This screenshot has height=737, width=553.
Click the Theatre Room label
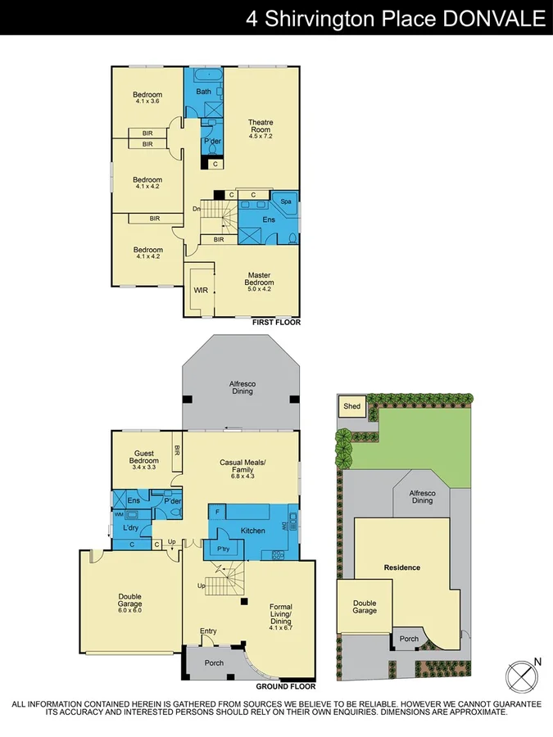[x=261, y=129]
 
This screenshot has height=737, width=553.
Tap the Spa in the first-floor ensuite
[x=287, y=201]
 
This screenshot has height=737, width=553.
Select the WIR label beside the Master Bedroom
[x=201, y=290]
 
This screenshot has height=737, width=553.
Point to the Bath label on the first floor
[x=204, y=92]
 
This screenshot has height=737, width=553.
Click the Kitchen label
[x=253, y=531]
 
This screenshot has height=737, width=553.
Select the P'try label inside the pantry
[x=222, y=549]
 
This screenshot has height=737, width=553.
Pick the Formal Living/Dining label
[x=281, y=614]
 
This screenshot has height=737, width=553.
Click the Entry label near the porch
[x=209, y=631]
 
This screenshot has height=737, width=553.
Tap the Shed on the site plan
[x=351, y=406]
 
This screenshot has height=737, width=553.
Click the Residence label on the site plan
[x=402, y=567]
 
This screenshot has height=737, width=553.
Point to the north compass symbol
[x=522, y=676]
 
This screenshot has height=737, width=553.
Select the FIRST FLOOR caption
[x=277, y=323]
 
